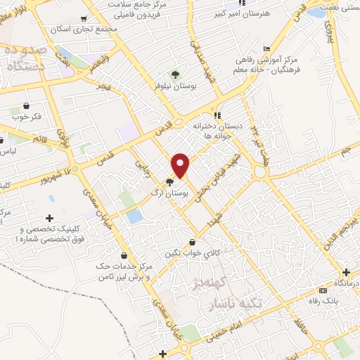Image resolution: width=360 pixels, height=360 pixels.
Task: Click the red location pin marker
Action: pos(181,165)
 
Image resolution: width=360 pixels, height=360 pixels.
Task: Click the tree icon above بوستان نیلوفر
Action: pos(175,75)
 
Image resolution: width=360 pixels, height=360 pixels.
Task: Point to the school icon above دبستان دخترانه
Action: pos(218,115)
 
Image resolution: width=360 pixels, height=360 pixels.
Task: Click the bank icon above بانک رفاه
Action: pos(323,290)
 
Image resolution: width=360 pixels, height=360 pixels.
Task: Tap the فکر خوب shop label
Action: pos(29,116)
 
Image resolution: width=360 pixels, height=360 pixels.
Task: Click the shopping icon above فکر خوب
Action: pos(26,104)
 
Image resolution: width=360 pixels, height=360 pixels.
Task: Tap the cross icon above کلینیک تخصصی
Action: pos(49,218)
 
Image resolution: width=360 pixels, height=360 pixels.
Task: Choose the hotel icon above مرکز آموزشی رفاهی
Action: pos(266,49)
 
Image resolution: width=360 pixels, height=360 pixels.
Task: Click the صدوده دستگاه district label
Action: pos(25,59)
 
